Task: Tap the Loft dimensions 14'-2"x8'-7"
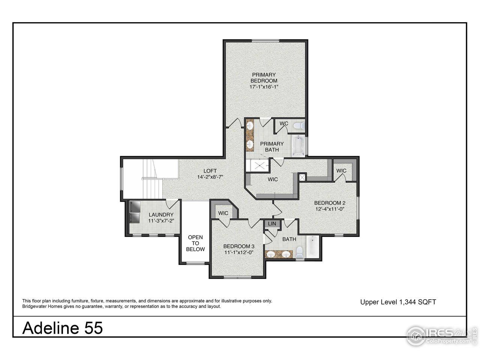point(210,177)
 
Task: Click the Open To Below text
point(196,243)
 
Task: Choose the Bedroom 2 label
point(329,206)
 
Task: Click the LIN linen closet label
point(272,224)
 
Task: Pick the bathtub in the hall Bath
point(312,247)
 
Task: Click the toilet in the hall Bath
point(299,251)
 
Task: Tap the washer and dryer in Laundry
point(134,212)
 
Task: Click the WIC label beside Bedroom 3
point(223,213)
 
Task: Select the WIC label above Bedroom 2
point(341,171)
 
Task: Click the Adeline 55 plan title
point(63,328)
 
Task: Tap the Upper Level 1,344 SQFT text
point(398,302)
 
